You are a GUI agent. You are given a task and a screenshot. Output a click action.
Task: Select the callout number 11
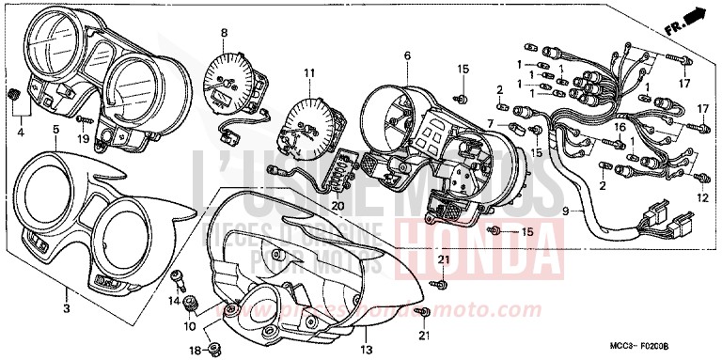[307, 73]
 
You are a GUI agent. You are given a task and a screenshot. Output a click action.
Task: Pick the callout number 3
[66, 307]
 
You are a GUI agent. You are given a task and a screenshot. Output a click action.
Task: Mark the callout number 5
[55, 128]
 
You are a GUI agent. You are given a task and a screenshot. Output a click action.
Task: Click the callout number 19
[83, 139]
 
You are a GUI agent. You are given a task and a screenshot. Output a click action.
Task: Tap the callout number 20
[337, 206]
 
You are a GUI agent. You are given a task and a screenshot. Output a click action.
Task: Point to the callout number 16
[620, 127]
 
